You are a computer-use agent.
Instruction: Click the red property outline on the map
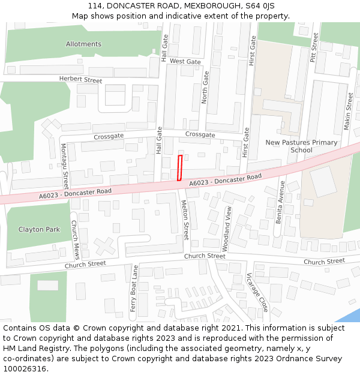(x=179, y=167)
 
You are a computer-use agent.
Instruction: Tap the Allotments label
(x=83, y=44)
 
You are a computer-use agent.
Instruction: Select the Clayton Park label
(x=39, y=229)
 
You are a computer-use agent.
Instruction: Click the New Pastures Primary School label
(x=301, y=146)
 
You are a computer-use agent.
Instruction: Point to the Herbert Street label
(x=80, y=79)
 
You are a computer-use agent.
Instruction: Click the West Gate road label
(x=185, y=61)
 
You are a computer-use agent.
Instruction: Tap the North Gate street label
(x=206, y=87)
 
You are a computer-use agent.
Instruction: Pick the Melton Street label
(x=185, y=220)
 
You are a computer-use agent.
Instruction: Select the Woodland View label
(x=227, y=229)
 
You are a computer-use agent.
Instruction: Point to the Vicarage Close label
(x=257, y=292)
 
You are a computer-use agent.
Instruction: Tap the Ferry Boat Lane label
(x=134, y=288)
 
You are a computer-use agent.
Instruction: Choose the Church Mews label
(x=75, y=239)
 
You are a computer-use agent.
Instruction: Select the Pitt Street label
(x=313, y=48)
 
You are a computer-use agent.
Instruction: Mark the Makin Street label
(x=348, y=111)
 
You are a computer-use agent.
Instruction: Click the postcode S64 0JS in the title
(x=259, y=5)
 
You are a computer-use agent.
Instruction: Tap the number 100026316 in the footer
(x=26, y=369)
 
